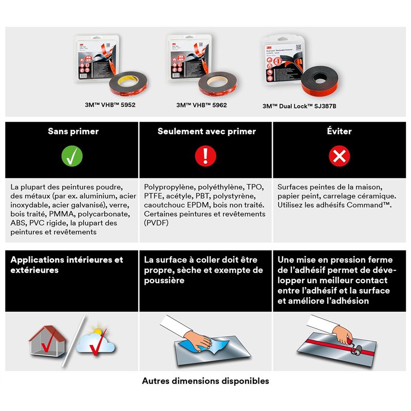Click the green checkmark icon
(x=72, y=155)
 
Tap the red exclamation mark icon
(x=206, y=155)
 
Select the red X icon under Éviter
(x=339, y=155)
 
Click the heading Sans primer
(x=73, y=132)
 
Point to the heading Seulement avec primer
(x=207, y=132)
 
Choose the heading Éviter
(x=339, y=132)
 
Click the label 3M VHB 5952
(x=110, y=105)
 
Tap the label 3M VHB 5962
(x=201, y=105)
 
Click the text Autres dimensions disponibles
(x=206, y=381)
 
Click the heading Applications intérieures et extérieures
(x=67, y=265)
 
